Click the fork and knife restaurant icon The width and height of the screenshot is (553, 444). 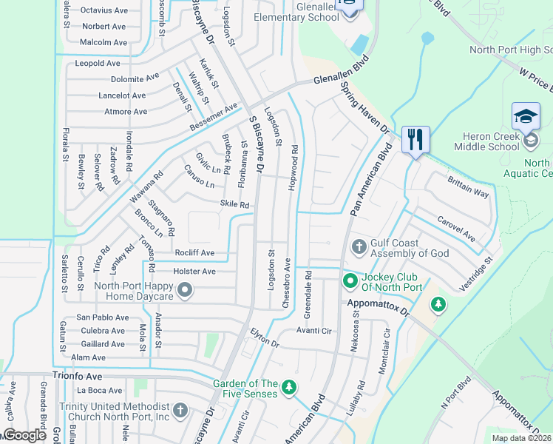tap(415, 139)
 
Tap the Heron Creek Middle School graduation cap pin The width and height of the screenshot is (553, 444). tap(525, 116)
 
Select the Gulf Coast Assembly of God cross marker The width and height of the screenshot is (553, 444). tap(359, 246)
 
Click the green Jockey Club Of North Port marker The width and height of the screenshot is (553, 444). tap(350, 281)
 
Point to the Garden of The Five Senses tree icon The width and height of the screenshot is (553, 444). tap(290, 387)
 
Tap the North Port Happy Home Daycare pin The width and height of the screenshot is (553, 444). tap(185, 290)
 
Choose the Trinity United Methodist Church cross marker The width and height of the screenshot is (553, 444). tap(180, 411)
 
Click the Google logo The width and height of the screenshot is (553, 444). tap(24, 435)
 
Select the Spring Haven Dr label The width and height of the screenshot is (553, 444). tap(364, 108)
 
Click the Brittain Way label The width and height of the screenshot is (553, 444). tap(468, 186)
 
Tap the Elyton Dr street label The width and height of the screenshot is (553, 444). tap(264, 339)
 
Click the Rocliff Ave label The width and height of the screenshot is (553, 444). tap(194, 253)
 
